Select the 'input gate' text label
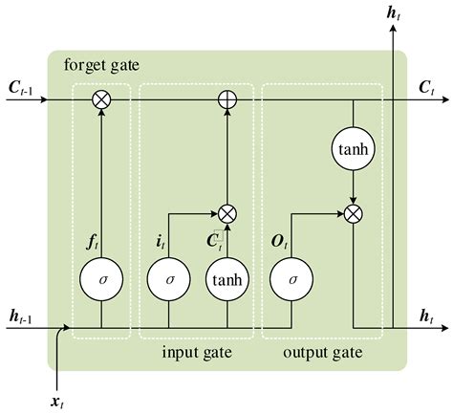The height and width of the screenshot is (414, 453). [x=197, y=352]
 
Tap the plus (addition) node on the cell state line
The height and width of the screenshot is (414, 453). [x=226, y=98]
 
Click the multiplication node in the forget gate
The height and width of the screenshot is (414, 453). [x=100, y=98]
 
